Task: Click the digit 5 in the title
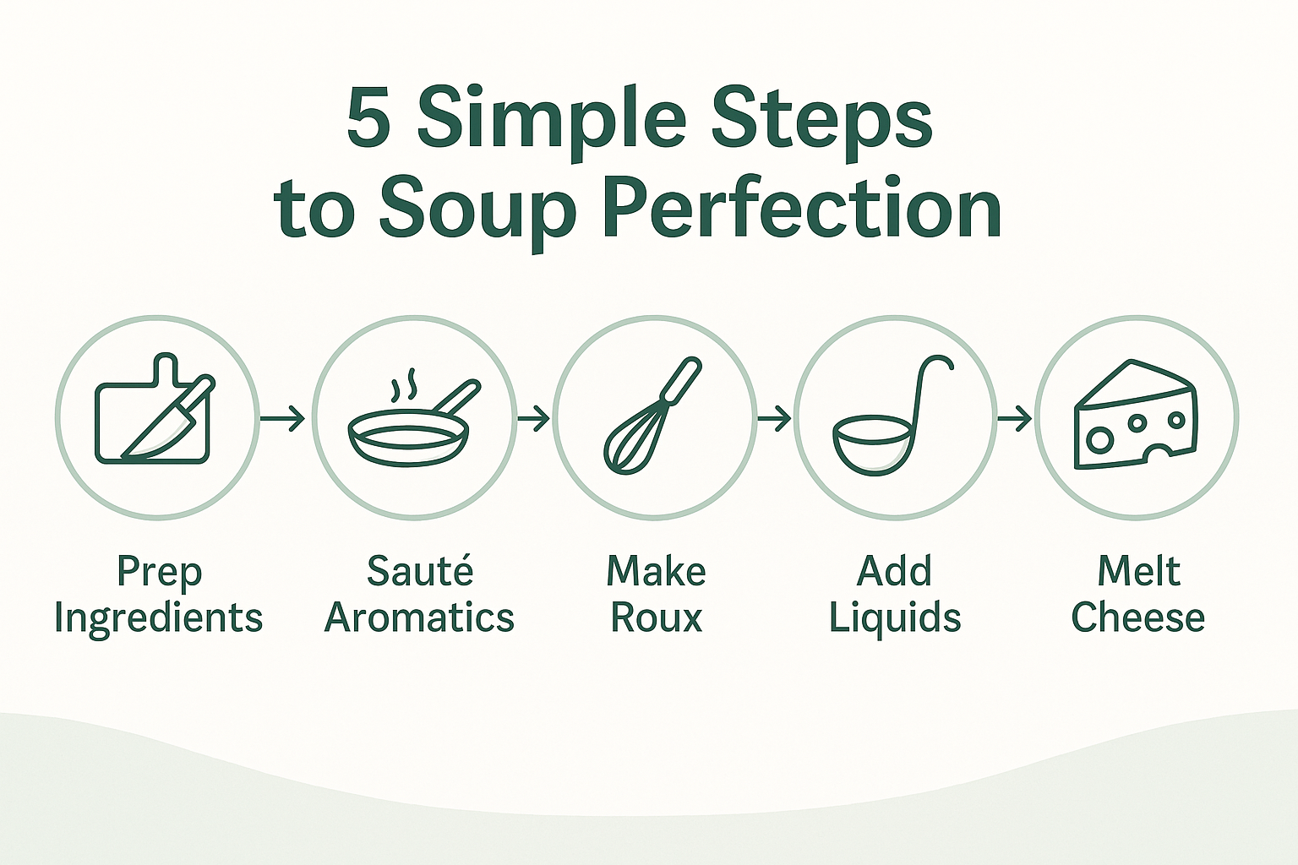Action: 368,118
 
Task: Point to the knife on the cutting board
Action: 169,417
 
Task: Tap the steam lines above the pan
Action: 404,384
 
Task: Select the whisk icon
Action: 652,415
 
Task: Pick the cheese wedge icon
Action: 1135,415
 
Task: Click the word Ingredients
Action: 159,619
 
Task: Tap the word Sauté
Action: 421,571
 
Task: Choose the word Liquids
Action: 895,619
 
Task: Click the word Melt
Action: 1138,571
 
